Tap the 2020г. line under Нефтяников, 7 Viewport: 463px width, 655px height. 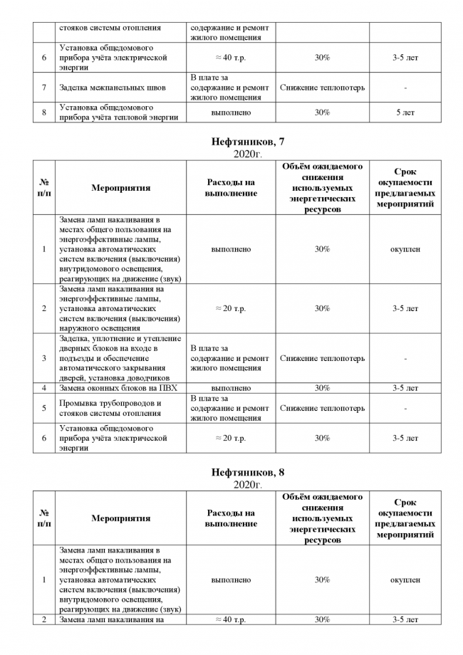pos(248,154)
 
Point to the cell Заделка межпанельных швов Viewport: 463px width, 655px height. pos(113,88)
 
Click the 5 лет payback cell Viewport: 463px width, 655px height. pos(405,112)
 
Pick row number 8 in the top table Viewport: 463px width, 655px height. pos(44,112)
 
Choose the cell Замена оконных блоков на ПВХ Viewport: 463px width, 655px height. pos(118,388)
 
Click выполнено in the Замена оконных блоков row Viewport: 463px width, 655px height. pos(231,388)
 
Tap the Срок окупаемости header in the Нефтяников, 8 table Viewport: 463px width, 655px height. pos(405,518)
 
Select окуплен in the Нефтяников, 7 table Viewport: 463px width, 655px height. pos(405,249)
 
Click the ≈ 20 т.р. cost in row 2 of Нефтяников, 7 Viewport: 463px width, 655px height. pos(231,308)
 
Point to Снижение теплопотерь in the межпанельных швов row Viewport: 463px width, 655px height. pos(322,88)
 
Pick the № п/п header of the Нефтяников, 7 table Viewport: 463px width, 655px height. pos(44,188)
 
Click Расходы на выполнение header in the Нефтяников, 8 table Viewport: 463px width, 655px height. pos(231,518)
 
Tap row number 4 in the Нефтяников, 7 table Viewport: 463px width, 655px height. pos(44,388)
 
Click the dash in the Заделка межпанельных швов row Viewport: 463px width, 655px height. pos(405,88)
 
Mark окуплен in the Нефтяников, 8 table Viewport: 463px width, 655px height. pos(405,580)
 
